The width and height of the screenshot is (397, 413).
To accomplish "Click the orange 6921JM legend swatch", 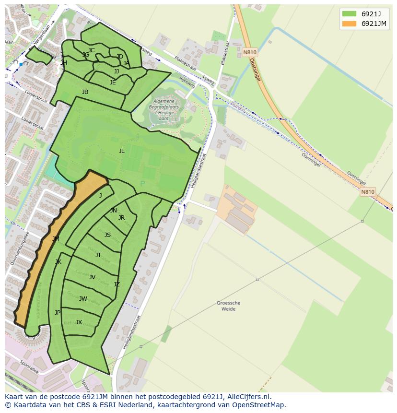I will [350, 24].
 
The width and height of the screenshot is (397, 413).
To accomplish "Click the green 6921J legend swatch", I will [350, 13].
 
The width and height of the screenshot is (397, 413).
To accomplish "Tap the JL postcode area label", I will [121, 151].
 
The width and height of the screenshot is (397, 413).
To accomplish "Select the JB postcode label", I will [85, 92].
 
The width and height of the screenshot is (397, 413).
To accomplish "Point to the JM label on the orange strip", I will [56, 238].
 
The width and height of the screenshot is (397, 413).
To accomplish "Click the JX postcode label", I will [79, 322].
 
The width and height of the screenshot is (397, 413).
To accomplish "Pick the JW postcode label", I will [83, 299].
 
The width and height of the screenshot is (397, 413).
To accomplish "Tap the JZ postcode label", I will [117, 284].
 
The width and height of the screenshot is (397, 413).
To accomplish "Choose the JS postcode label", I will [107, 235].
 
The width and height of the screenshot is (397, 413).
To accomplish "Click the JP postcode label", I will [58, 313].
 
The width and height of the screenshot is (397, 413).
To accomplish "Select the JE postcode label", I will [113, 83].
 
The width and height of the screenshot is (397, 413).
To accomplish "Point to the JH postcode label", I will [64, 63].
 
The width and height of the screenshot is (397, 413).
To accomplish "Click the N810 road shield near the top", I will [249, 52].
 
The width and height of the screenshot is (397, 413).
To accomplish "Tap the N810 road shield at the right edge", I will [367, 192].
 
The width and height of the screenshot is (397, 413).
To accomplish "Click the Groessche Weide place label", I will [228, 306].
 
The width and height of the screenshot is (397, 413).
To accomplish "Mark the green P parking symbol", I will [142, 184].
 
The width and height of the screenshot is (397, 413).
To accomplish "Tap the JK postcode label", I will [58, 262].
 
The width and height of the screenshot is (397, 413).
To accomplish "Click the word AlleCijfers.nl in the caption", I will [245, 397].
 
